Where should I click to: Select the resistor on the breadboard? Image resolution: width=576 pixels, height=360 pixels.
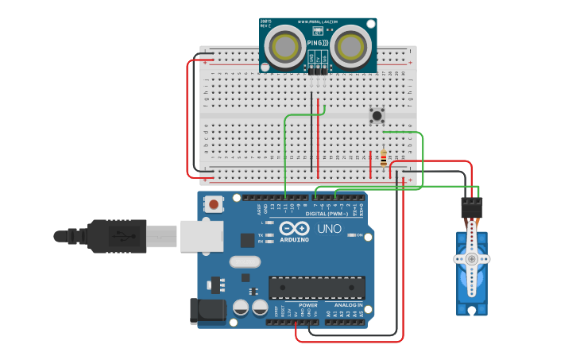coord(384,158)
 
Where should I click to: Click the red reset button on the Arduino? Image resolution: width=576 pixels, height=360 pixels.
coord(213,204)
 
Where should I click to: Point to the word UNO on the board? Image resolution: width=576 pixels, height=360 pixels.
coord(329,229)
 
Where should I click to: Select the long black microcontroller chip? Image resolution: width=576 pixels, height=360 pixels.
coord(317,288)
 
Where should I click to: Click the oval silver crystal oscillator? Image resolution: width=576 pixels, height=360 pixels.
coord(244,261)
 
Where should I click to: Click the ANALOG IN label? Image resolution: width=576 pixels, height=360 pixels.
coord(348,305)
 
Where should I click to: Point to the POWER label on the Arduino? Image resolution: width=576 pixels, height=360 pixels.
coord(308,305)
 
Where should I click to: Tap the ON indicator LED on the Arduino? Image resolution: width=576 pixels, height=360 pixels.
coord(350,235)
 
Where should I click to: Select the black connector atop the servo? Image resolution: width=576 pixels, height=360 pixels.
coord(472,207)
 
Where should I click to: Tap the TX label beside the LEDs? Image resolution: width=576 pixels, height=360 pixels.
coord(261,235)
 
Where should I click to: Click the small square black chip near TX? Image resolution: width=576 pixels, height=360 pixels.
coord(248,240)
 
